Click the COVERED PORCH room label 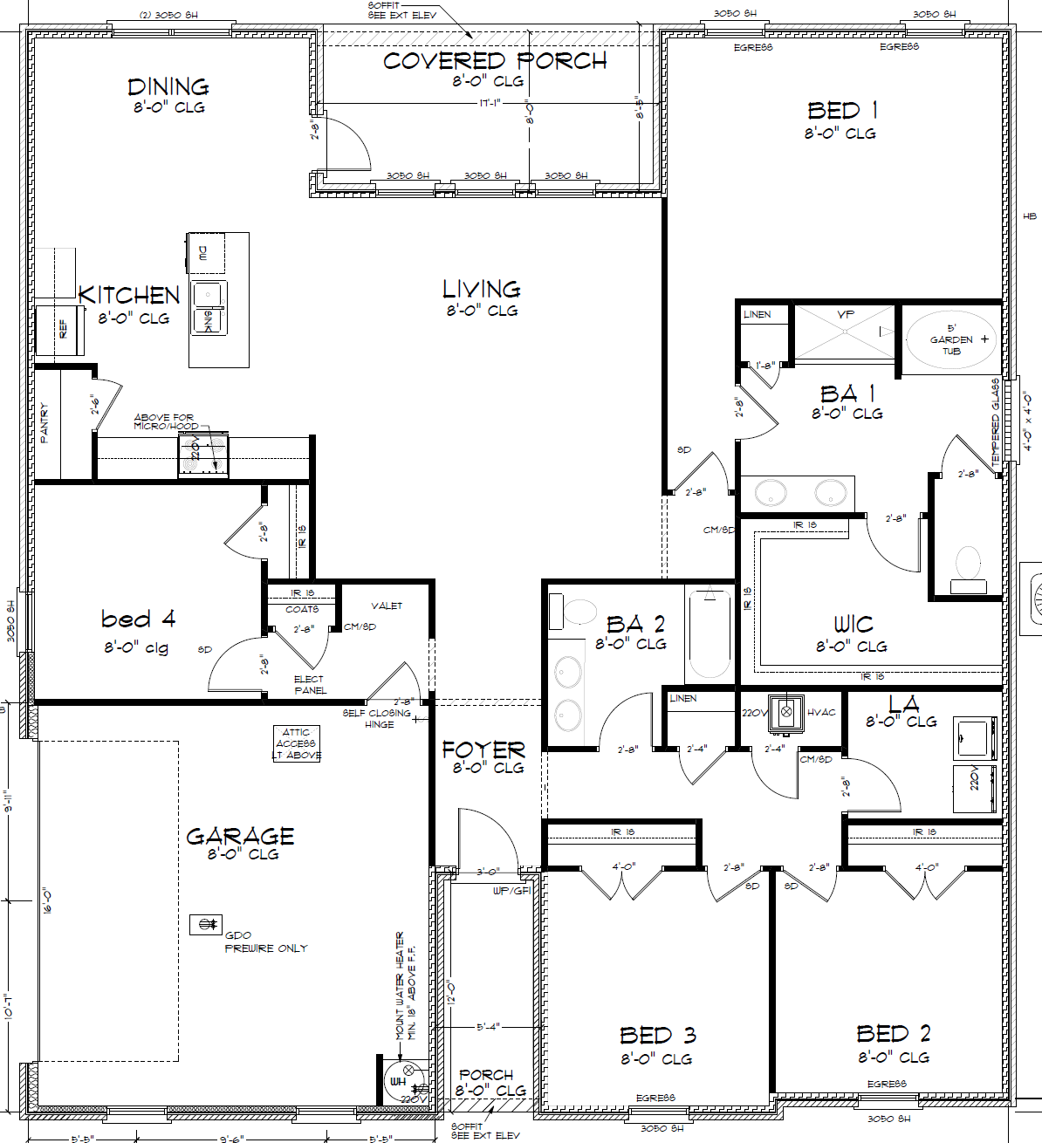pos(495,61)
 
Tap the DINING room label pos(168,87)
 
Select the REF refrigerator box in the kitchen pos(60,330)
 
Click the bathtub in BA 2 pos(708,633)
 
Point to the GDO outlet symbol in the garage pos(207,924)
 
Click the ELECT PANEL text pos(310,685)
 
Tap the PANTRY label pos(45,422)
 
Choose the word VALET pos(387,606)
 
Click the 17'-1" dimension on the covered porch pos(490,103)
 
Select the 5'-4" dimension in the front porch pos(488,1027)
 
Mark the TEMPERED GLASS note pos(996,421)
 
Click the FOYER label pos(483,750)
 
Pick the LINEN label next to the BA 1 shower pos(757,314)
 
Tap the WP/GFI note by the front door pos(511,891)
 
